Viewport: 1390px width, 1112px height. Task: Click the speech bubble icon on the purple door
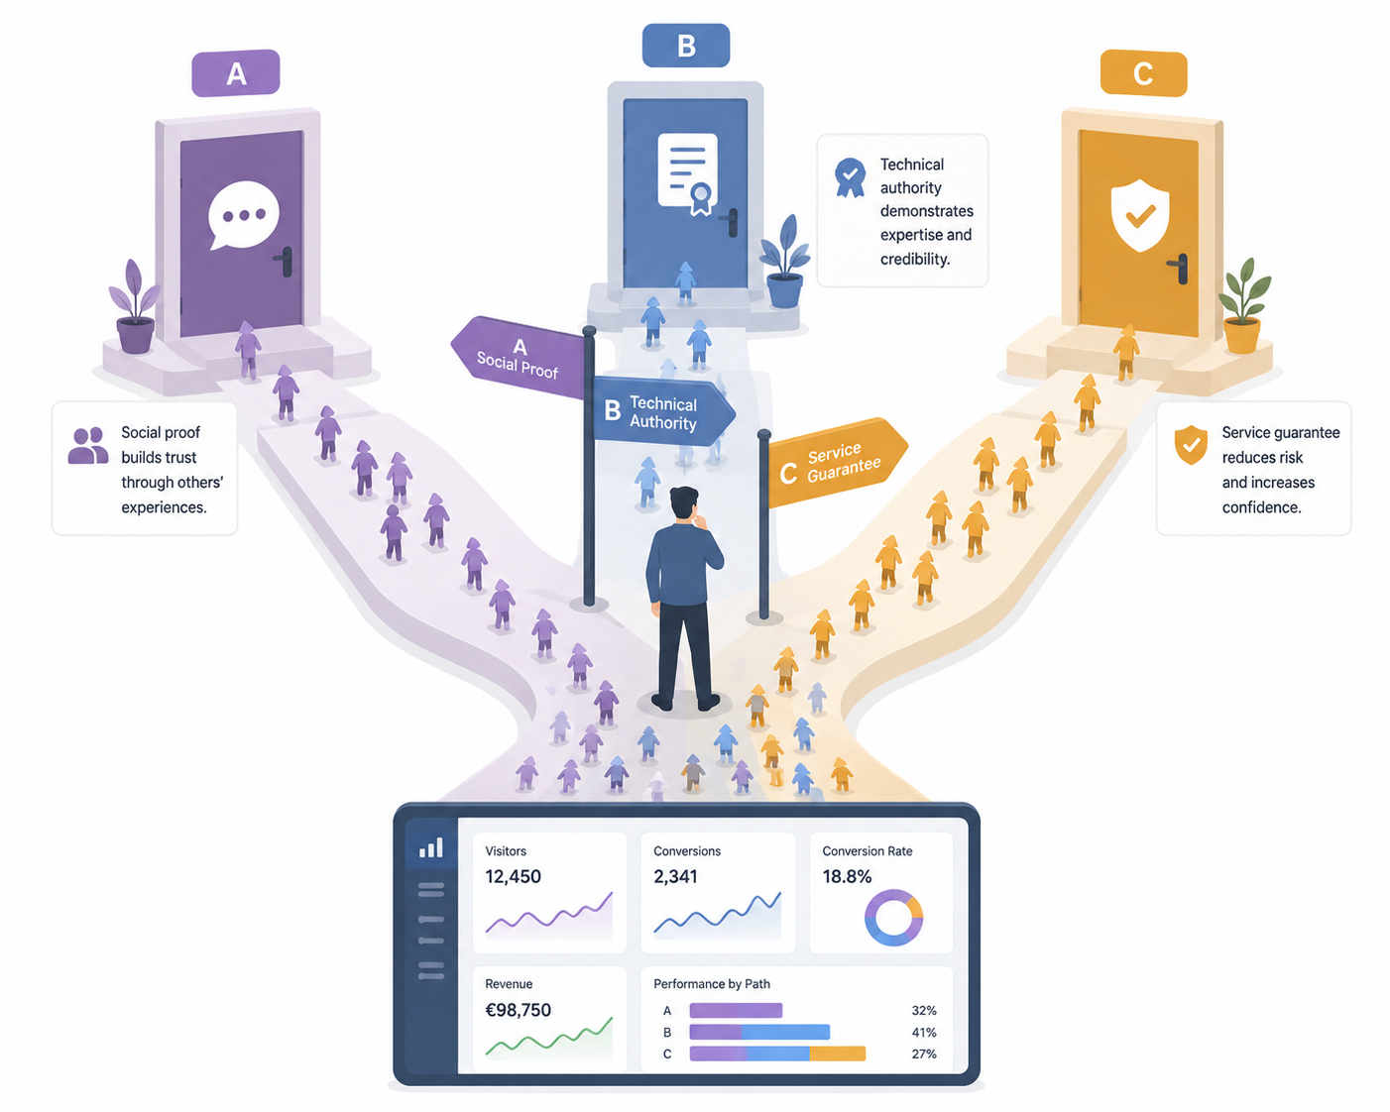[244, 214]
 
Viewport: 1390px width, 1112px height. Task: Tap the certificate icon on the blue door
[687, 173]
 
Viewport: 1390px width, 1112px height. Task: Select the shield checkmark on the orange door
[1139, 215]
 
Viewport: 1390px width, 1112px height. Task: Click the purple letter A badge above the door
[236, 73]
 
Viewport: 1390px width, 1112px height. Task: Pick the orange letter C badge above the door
[1143, 73]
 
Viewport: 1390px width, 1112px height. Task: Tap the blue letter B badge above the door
[686, 46]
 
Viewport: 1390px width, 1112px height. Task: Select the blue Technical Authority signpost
[663, 411]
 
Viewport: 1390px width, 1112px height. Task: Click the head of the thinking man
[684, 503]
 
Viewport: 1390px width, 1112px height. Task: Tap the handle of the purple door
[285, 261]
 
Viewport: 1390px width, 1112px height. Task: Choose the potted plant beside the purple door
[135, 306]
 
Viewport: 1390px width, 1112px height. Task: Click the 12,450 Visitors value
[513, 876]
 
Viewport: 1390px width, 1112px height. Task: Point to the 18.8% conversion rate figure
[847, 876]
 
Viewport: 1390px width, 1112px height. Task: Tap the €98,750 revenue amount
[518, 1010]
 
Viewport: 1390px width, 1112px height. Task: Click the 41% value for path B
[924, 1032]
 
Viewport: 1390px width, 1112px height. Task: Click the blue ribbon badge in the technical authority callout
[850, 177]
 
